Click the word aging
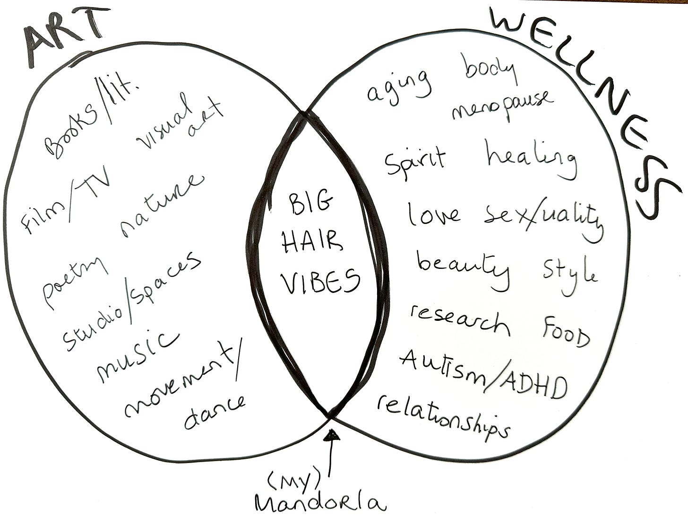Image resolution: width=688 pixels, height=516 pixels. [399, 87]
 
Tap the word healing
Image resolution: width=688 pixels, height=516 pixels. [532, 161]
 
